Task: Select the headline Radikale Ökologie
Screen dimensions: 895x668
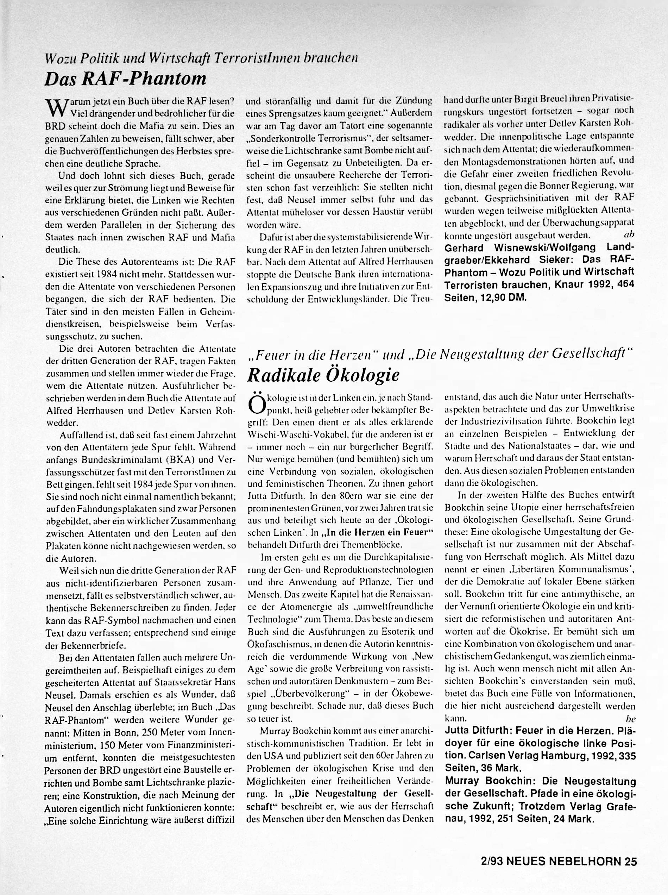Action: (323, 375)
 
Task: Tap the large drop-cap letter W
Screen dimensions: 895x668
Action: (54, 108)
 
